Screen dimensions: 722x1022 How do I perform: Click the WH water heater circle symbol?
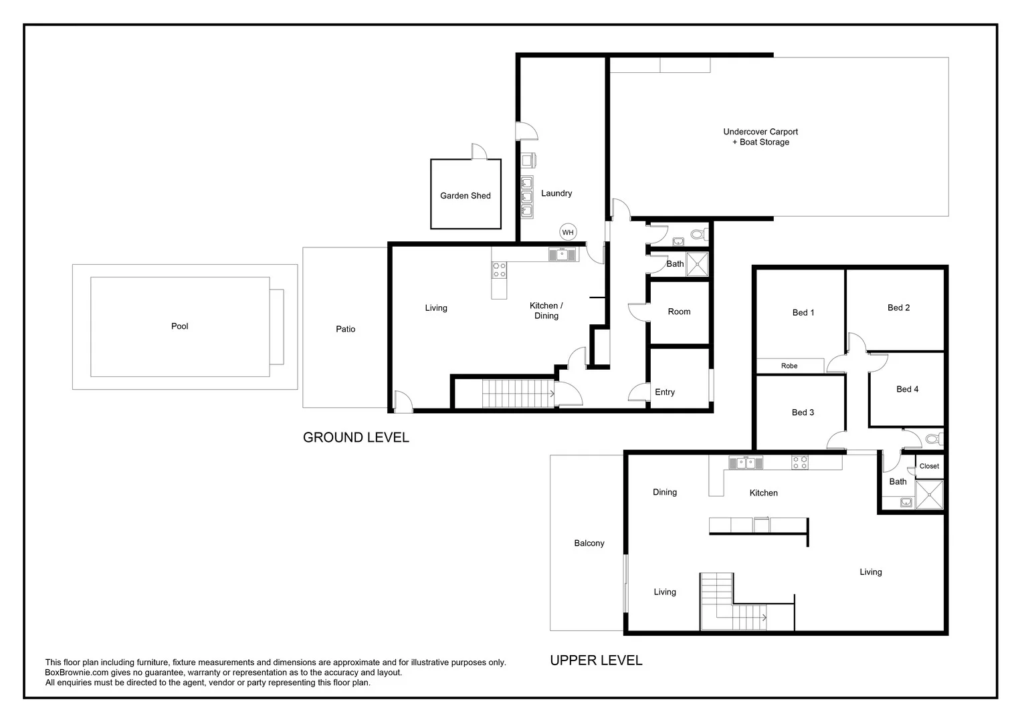(x=568, y=233)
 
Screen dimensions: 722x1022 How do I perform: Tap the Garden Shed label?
(x=466, y=196)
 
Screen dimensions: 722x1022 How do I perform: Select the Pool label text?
(x=180, y=326)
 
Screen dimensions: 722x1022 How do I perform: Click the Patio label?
(x=346, y=329)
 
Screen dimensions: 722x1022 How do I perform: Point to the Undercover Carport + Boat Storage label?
(x=760, y=137)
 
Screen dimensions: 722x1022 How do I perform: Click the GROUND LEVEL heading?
(x=356, y=437)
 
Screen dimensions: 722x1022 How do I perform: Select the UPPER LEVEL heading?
(x=596, y=660)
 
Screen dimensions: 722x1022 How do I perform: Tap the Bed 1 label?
(x=803, y=313)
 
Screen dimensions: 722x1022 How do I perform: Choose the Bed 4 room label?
(x=907, y=389)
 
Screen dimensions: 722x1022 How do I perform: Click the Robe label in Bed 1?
(x=789, y=366)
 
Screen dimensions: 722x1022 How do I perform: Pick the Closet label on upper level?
(x=929, y=466)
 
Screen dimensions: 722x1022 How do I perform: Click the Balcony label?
(x=589, y=544)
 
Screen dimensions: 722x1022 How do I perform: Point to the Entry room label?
(x=665, y=392)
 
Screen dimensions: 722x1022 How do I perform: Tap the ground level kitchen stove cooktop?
(x=500, y=270)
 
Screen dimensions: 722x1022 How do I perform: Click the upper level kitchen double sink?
(x=746, y=462)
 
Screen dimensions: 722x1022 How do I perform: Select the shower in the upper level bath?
(x=929, y=495)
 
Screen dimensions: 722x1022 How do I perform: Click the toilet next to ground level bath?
(x=698, y=235)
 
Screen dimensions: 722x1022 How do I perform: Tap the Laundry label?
(x=556, y=193)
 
